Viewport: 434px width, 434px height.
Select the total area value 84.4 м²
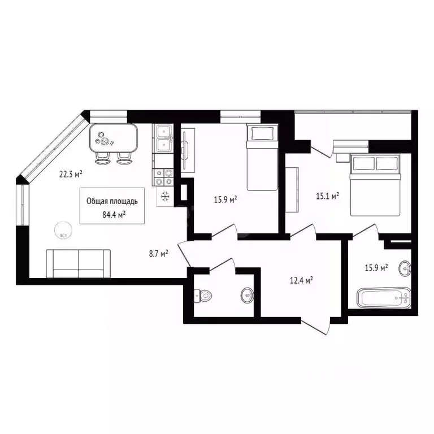point(113,214)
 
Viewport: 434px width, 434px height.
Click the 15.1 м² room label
point(327,196)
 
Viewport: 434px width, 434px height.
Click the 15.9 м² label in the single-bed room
point(224,199)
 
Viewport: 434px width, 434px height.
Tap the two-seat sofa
point(79,263)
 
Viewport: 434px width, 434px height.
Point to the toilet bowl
point(203,295)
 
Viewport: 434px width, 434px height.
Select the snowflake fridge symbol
point(166,197)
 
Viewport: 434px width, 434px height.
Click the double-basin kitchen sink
point(165,138)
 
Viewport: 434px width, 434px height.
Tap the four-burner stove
point(164,177)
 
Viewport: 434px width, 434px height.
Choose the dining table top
point(114,137)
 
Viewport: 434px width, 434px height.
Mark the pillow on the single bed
point(262,134)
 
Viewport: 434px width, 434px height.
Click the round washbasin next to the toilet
point(247,294)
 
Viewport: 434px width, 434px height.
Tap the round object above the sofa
point(62,230)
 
